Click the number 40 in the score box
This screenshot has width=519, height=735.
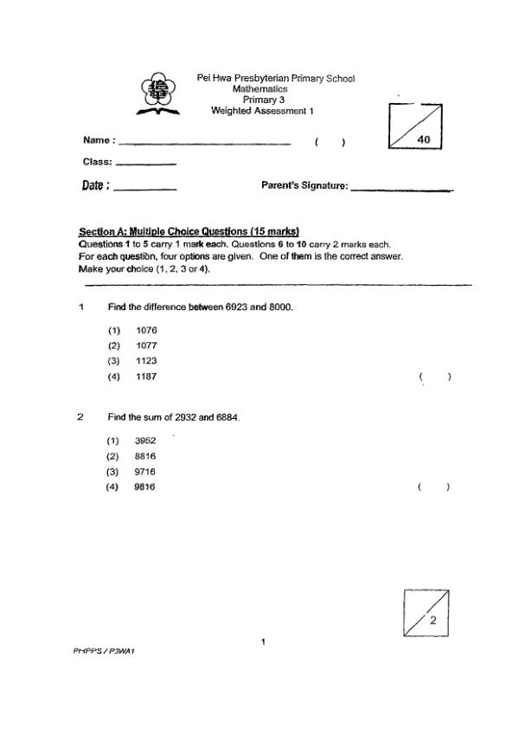tap(424, 139)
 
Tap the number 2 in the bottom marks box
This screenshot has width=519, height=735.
tap(432, 621)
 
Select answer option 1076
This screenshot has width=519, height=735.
tap(146, 330)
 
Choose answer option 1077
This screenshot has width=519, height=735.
tap(146, 345)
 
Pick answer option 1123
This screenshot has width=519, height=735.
tap(146, 361)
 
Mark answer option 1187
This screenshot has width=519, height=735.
tap(146, 377)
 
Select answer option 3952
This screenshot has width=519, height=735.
tap(144, 441)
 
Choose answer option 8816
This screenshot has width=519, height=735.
tap(144, 456)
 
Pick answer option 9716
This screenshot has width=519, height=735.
tap(144, 472)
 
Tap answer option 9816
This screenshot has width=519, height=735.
tap(144, 487)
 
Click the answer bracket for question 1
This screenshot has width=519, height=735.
tap(434, 377)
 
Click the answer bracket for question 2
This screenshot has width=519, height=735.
tap(434, 487)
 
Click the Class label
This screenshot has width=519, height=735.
tap(99, 162)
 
